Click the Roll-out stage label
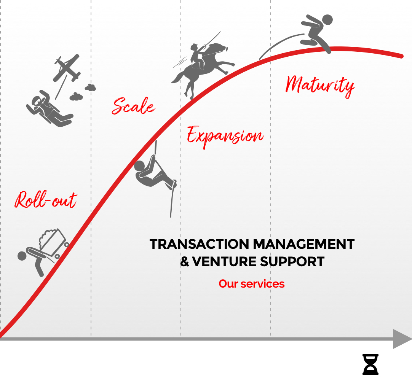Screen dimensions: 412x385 [46, 199]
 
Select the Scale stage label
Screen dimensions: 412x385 [133, 106]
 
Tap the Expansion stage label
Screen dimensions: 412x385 [225, 137]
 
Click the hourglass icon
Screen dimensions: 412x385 [370, 364]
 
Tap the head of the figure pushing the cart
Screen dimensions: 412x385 [22, 256]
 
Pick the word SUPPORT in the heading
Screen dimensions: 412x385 [292, 262]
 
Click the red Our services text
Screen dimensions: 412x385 [251, 284]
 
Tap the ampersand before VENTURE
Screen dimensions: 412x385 [185, 262]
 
